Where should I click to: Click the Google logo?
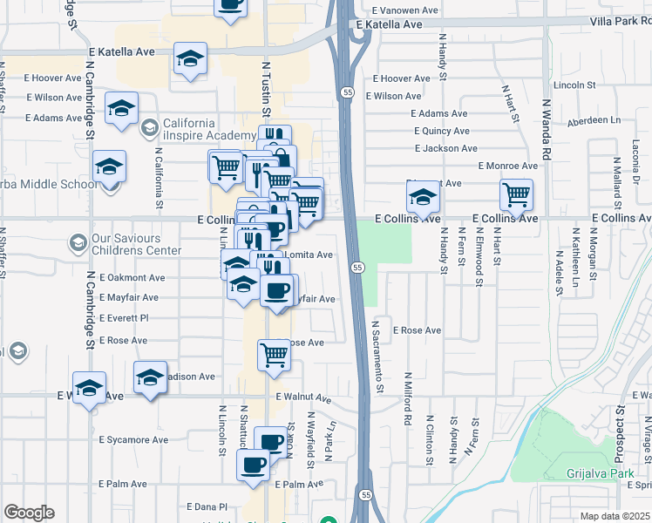(29, 513)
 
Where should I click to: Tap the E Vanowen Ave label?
(404, 10)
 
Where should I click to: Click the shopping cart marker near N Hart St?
(517, 194)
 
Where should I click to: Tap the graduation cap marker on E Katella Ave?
(190, 58)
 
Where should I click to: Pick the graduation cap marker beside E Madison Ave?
(150, 377)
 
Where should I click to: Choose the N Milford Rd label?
(408, 398)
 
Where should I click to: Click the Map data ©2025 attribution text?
(615, 516)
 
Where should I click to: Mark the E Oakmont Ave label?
(132, 278)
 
